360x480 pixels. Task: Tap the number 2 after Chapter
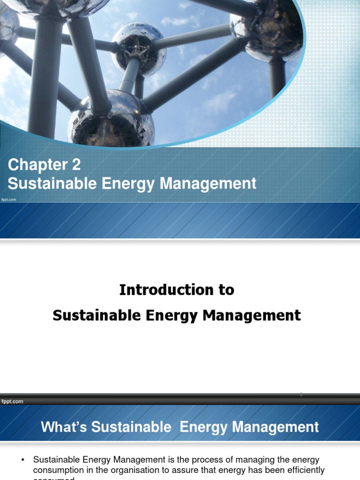click(75, 165)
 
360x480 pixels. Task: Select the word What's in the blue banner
click(64, 427)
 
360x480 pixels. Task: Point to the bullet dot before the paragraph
click(22, 460)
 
